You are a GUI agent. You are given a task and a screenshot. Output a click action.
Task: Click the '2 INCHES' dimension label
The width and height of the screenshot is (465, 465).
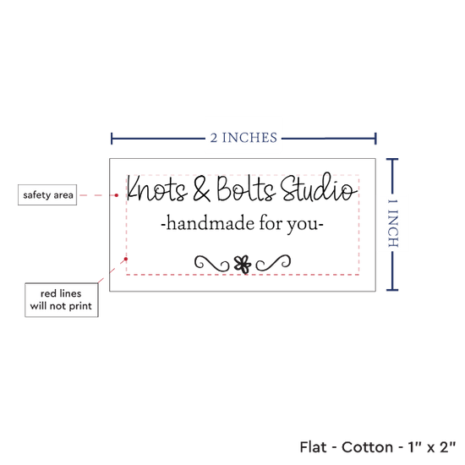coord(243,138)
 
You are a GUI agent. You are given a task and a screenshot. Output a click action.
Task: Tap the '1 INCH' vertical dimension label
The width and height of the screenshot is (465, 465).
coord(392,223)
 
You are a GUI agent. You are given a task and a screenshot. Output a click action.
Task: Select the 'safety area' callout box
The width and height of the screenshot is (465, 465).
coord(47,194)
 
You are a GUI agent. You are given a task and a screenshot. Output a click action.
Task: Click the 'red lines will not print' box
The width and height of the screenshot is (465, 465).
coord(62,300)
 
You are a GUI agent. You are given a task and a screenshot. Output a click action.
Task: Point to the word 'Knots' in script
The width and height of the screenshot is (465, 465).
coord(157,188)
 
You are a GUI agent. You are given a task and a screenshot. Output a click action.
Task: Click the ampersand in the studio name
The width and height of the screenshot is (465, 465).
coord(202,189)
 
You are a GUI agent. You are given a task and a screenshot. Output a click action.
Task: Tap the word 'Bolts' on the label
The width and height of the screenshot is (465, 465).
coord(245,189)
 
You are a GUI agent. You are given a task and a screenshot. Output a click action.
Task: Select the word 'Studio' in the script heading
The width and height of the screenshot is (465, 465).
coord(319,187)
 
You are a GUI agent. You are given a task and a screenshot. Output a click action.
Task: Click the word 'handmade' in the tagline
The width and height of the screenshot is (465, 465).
coord(210,223)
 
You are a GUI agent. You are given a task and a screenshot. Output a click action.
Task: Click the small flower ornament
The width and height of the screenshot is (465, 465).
coord(243,265)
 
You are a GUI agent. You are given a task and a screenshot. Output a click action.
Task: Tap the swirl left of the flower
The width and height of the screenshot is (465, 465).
coord(211,263)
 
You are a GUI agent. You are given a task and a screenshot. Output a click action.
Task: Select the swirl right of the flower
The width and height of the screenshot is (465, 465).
coord(273,262)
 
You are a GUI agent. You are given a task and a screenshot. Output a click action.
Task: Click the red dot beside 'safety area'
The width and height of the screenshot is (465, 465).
coord(117,195)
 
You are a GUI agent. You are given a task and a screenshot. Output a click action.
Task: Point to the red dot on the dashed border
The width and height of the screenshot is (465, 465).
coord(126,259)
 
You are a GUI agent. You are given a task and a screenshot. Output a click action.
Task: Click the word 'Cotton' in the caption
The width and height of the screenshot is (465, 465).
coord(367,447)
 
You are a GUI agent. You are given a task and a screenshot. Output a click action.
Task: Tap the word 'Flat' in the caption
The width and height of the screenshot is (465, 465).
coord(313,447)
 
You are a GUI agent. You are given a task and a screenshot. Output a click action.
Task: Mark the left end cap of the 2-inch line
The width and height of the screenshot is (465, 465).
coord(112,139)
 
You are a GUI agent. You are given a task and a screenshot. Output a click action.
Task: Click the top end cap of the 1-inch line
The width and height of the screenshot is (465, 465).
coord(392,160)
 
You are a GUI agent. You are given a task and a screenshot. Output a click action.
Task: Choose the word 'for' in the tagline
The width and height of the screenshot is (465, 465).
coord(271,222)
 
